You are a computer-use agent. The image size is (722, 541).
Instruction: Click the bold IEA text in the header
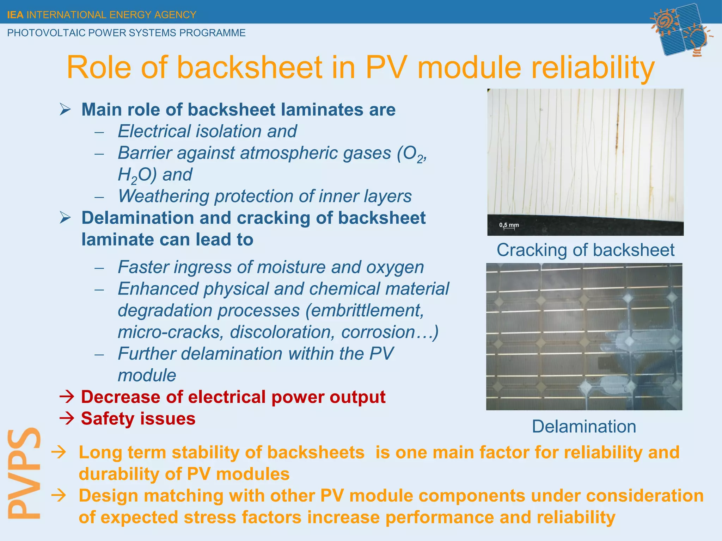(x=15, y=15)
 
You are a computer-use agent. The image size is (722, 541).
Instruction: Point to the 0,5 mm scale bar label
(x=509, y=225)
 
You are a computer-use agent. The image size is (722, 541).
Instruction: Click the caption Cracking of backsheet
(x=585, y=250)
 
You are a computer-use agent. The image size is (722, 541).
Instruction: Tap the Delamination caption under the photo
(x=584, y=427)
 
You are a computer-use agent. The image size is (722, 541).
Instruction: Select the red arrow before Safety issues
(x=67, y=419)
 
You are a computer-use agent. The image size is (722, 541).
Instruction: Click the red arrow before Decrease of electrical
(x=67, y=397)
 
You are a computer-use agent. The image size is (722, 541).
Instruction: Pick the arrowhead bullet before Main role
(x=66, y=110)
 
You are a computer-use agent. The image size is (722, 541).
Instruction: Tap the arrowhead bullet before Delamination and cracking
(x=66, y=218)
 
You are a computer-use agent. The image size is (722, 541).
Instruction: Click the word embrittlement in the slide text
(x=365, y=311)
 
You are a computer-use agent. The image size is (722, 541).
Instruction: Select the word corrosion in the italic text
(x=378, y=332)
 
